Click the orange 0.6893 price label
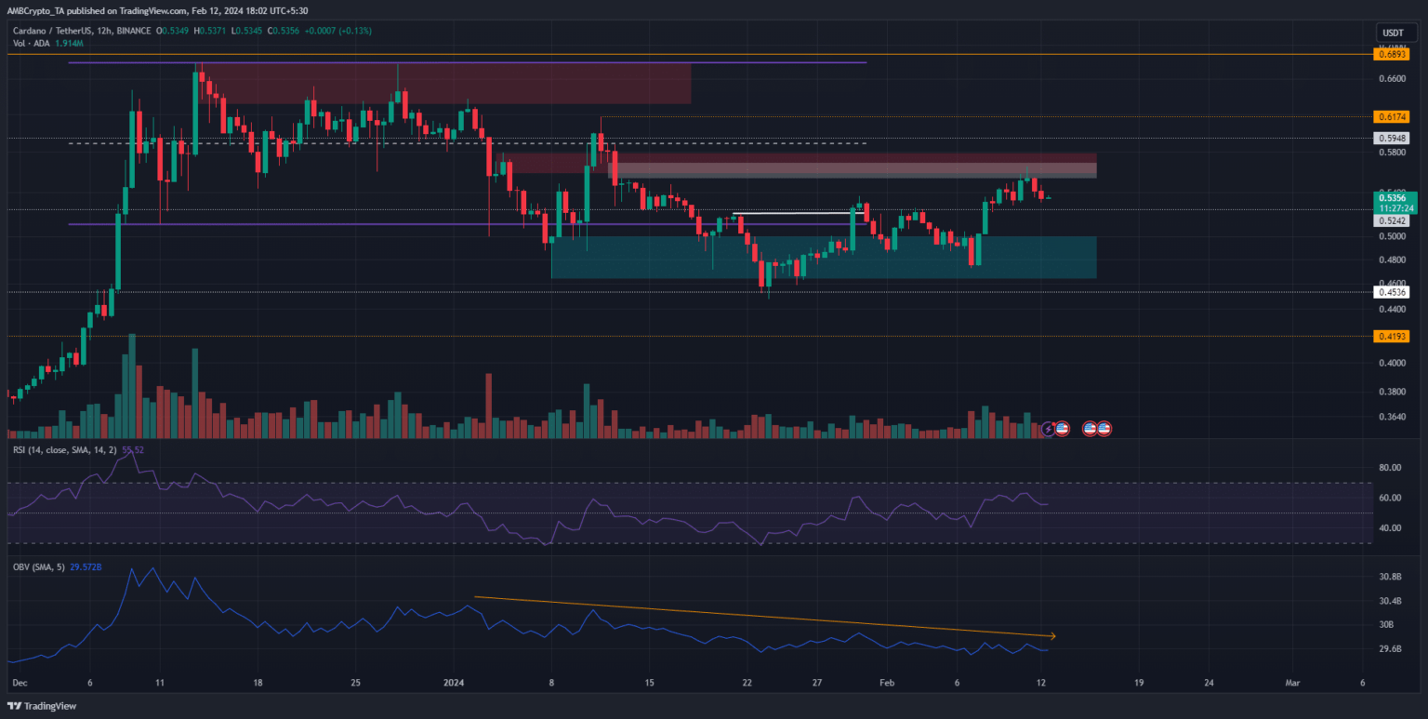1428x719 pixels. click(1391, 55)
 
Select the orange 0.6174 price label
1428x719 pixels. click(1391, 117)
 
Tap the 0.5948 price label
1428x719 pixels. click(1391, 138)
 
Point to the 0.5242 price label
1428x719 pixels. click(1391, 221)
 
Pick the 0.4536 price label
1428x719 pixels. click(1391, 292)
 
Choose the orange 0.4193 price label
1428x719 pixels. click(1391, 337)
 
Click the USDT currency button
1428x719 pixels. click(1392, 33)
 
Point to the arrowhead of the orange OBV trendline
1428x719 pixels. click(1052, 636)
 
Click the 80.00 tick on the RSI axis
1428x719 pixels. click(1391, 468)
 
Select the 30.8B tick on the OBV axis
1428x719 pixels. click(1391, 578)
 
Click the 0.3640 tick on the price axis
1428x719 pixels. click(1391, 417)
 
